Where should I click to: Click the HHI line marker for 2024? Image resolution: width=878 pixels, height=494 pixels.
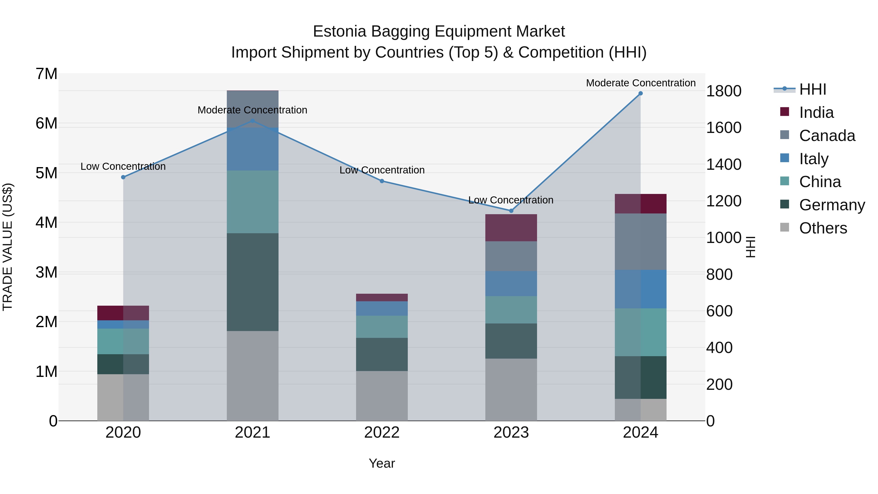640,93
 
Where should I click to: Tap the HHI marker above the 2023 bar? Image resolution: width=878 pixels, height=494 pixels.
511,211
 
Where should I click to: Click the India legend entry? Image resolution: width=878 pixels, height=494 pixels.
816,112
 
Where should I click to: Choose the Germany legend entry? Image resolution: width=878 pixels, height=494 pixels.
832,205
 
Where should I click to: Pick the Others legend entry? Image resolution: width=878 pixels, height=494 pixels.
823,228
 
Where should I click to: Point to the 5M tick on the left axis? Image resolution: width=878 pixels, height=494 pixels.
46,173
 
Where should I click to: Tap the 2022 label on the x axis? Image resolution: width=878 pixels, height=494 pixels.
382,433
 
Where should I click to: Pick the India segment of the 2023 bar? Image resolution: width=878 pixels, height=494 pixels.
511,228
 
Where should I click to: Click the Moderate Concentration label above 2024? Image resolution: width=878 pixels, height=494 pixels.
640,83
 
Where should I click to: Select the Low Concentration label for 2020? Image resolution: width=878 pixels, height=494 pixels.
123,166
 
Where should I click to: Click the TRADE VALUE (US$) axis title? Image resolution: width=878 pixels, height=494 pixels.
8,247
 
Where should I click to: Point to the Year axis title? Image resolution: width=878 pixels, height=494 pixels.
382,463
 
